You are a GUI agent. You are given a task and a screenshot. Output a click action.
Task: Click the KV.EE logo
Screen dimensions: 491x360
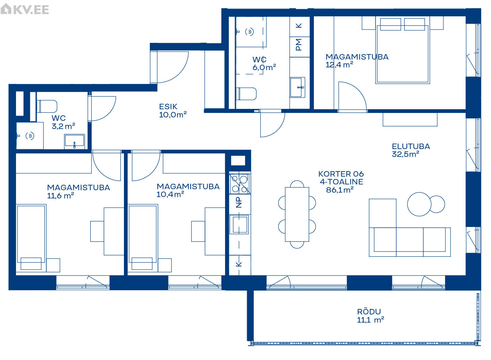coord(25,9)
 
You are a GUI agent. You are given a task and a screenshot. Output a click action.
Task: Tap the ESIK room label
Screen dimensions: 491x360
coord(168,107)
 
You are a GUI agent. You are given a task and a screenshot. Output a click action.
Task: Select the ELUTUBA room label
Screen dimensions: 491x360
coord(411,146)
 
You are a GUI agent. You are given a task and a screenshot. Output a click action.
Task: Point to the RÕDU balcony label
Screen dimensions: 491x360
coord(369,312)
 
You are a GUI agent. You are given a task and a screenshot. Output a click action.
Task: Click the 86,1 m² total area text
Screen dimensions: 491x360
coord(339,190)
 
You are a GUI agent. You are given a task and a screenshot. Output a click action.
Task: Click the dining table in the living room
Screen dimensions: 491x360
coord(297,214)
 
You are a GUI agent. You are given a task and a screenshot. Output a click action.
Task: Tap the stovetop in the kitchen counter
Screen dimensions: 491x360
coord(240,184)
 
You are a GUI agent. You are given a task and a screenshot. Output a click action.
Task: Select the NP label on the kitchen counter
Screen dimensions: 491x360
coord(239,202)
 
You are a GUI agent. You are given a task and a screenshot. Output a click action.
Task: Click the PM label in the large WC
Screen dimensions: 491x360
coord(299,45)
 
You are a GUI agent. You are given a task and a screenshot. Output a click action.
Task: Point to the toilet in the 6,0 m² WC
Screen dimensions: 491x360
coord(246,94)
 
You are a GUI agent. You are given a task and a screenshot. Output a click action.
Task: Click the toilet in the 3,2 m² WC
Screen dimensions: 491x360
coord(47,106)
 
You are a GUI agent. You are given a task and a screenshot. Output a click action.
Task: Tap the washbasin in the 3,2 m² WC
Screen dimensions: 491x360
coord(74,142)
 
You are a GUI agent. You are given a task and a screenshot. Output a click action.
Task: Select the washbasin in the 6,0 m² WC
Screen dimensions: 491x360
coord(297,87)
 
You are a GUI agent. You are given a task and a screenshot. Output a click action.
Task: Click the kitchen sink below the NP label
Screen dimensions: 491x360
coord(240,224)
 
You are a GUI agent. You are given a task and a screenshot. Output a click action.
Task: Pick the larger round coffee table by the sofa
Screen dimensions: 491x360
coord(419,204)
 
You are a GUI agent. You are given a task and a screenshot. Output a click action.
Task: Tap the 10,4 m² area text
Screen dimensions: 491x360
coord(170,195)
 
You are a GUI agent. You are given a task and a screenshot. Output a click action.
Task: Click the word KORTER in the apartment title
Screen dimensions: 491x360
coord(332,174)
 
